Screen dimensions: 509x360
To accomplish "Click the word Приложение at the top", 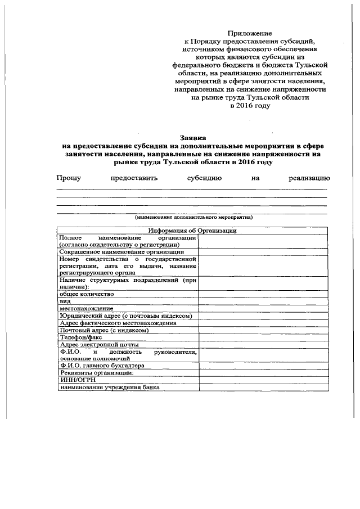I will coord(249,34).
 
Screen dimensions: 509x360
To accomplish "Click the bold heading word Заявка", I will coord(193,137).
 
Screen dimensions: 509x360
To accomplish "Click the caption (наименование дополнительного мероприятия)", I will coord(193,217).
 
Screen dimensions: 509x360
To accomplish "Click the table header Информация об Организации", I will coord(192,231).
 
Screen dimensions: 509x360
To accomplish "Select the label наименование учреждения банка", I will coord(110,387).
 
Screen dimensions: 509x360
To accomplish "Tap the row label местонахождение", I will coord(86,308).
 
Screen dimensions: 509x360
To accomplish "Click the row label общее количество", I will coord(87,294).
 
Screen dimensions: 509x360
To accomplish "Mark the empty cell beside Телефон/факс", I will coord(263,337).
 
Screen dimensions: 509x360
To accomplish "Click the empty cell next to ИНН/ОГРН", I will coord(263,380).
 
